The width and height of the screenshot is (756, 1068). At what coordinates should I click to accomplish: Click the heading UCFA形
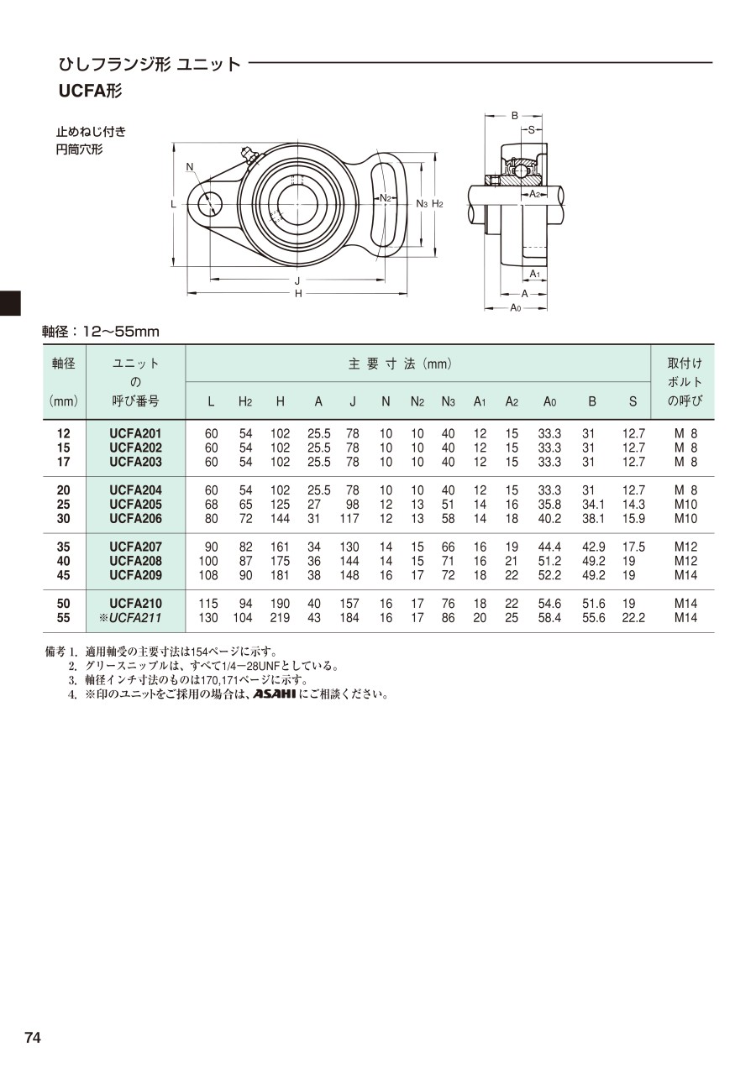(x=90, y=91)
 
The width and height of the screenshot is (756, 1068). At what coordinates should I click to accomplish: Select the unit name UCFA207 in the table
(x=135, y=547)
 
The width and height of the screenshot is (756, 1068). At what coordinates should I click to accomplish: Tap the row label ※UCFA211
(x=130, y=618)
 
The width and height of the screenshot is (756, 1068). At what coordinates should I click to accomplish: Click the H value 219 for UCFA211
(x=280, y=618)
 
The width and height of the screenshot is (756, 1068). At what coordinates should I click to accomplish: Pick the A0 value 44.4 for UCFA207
(x=549, y=547)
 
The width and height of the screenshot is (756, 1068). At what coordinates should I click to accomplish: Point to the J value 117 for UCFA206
(x=349, y=519)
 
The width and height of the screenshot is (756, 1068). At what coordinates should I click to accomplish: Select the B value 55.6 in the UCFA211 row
(x=593, y=618)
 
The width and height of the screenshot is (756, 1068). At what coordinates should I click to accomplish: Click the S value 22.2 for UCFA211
(x=633, y=618)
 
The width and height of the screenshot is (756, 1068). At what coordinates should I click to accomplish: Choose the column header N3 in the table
(x=448, y=402)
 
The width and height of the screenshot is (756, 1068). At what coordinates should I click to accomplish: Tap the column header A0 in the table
(x=549, y=402)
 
